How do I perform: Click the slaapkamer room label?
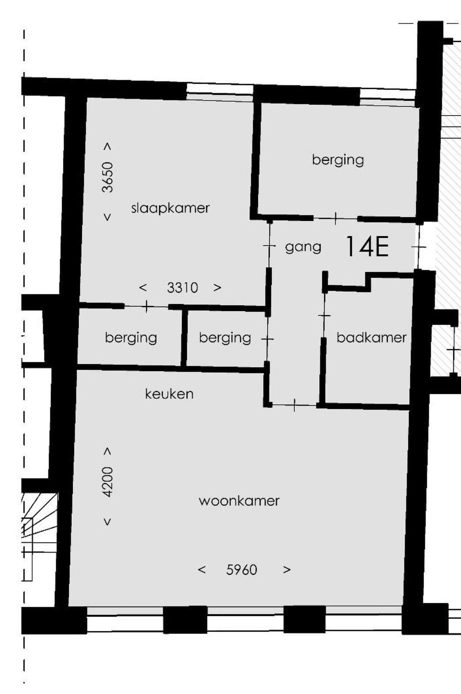coord(170,208)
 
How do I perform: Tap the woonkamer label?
coord(239,501)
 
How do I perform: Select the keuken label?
coord(169,394)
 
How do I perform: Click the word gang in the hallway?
coord(303,247)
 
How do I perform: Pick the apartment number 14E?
coord(367,246)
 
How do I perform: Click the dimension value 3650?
coord(108,177)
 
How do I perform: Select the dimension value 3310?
coord(182,288)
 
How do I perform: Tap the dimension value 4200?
coord(108,482)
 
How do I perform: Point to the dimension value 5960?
coord(242,570)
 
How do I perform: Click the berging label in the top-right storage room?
coord(338,160)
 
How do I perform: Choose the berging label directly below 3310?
coord(225,338)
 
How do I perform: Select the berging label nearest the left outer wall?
coord(131,338)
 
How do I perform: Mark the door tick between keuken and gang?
coord(294,405)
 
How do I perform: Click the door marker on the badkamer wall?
coord(324,315)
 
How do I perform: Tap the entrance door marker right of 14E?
coord(419,247)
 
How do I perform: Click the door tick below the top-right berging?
coord(336,218)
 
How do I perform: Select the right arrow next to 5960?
coord(287,570)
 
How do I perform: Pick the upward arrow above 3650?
coord(108,147)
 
